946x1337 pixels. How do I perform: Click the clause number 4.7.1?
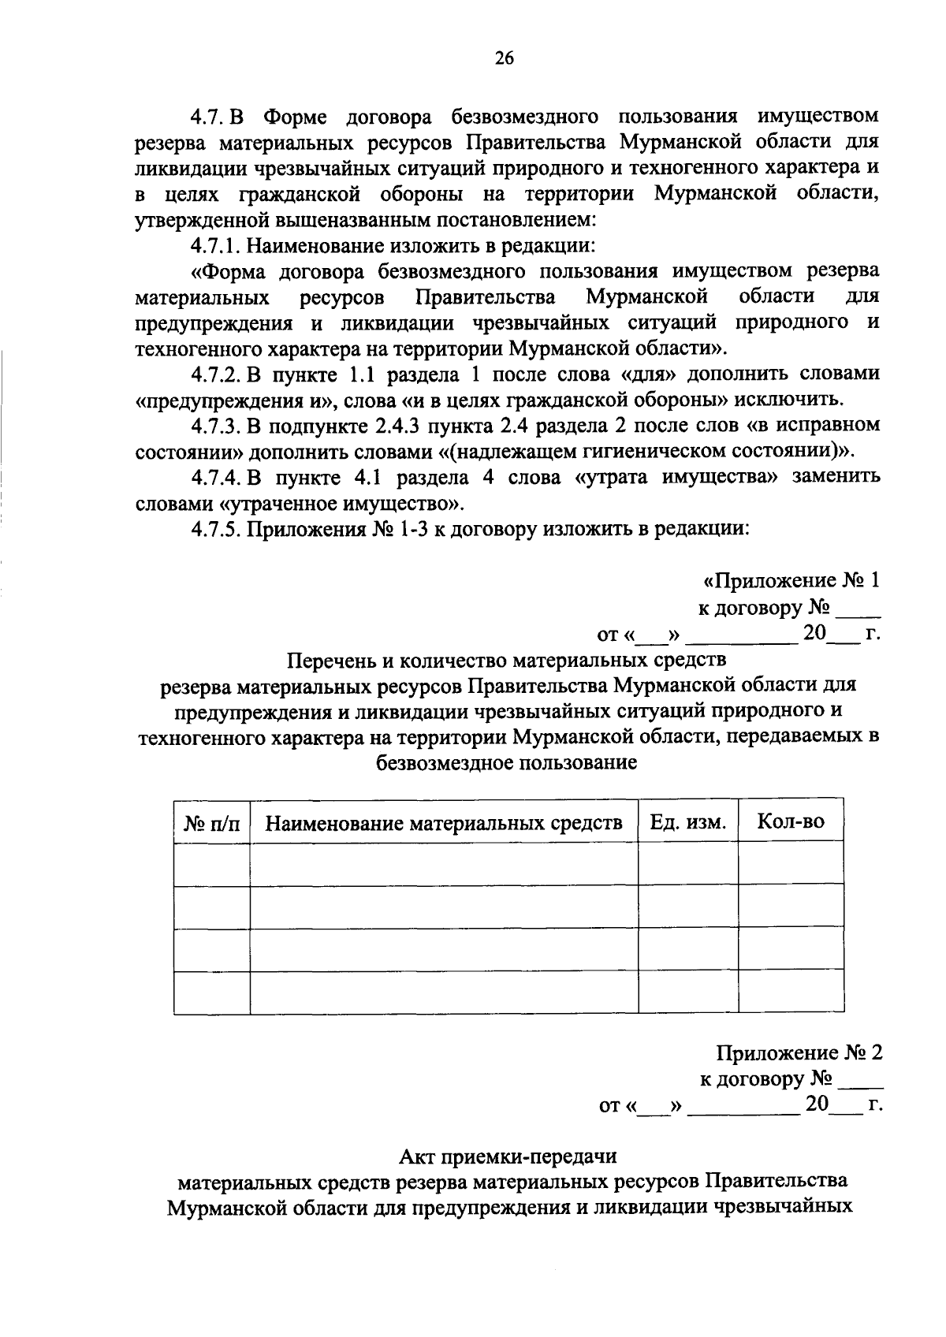(x=214, y=245)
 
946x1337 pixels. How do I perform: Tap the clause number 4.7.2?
(x=214, y=374)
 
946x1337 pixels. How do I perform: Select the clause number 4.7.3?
(x=214, y=426)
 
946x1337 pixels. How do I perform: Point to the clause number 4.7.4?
(x=214, y=477)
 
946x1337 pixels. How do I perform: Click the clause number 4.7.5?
(x=214, y=528)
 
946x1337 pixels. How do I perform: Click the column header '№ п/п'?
(x=212, y=823)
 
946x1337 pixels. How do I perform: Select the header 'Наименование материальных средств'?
(x=444, y=823)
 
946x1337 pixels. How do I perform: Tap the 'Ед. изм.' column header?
(x=687, y=822)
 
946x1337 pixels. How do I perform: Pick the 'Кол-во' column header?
(x=790, y=821)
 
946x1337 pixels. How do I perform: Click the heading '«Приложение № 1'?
(x=791, y=581)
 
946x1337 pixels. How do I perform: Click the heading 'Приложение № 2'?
(x=799, y=1053)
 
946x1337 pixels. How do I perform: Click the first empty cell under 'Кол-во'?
(x=790, y=864)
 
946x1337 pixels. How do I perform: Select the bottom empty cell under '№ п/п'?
(x=212, y=993)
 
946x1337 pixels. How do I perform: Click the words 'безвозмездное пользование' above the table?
(x=507, y=762)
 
